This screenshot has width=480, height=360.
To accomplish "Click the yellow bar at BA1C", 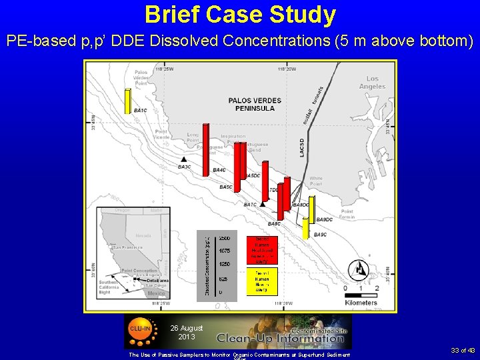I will coord(127,101).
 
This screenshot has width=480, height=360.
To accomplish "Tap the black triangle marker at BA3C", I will coord(184,159).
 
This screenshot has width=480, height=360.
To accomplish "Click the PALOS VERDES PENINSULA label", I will coord(255,105).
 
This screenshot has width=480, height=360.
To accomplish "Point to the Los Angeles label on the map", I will coord(371,83).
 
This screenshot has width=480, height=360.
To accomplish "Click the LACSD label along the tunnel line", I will coord(302,148).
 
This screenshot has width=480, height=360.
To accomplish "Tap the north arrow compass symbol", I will coord(361,269).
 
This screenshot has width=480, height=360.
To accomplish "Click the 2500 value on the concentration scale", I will coord(225,238).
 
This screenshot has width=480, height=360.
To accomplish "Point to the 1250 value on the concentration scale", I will coord(225,265).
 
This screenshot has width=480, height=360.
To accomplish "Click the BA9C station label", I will coord(320,235).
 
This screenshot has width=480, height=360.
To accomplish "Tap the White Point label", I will coord(315,181).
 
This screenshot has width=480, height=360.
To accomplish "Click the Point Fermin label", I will coord(347,214).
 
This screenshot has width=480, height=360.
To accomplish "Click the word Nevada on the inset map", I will coord(143,235).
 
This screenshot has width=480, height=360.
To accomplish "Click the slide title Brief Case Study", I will coord(240,14).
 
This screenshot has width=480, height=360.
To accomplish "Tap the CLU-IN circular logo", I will coord(140,329).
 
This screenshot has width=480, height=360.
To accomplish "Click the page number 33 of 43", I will coord(462,351).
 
